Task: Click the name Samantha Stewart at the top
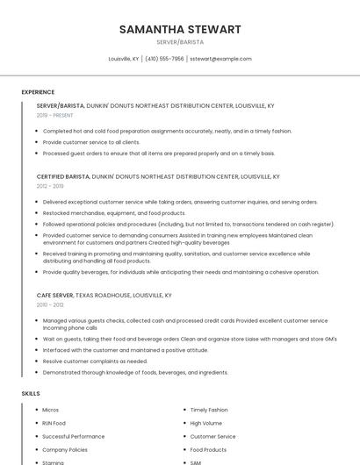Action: coord(180,30)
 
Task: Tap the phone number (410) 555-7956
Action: coord(164,59)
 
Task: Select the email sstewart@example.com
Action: coord(220,59)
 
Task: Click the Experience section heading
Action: coord(38,92)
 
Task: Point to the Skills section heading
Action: coord(31,394)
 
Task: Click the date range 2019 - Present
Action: coord(55,115)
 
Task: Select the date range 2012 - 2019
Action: coord(50,186)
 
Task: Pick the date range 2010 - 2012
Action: coord(50,305)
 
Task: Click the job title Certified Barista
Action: coord(63,176)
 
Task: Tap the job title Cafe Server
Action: coord(54,296)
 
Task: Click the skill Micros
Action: coord(51,410)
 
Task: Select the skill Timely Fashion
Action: coord(209,410)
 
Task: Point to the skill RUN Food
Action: coord(54,423)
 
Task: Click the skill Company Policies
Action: coord(65,449)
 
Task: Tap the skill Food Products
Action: coord(209,449)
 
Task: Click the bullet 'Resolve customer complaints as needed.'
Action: coord(95,361)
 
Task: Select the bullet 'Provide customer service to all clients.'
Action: coord(91,141)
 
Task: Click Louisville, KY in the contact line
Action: coord(124,59)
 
